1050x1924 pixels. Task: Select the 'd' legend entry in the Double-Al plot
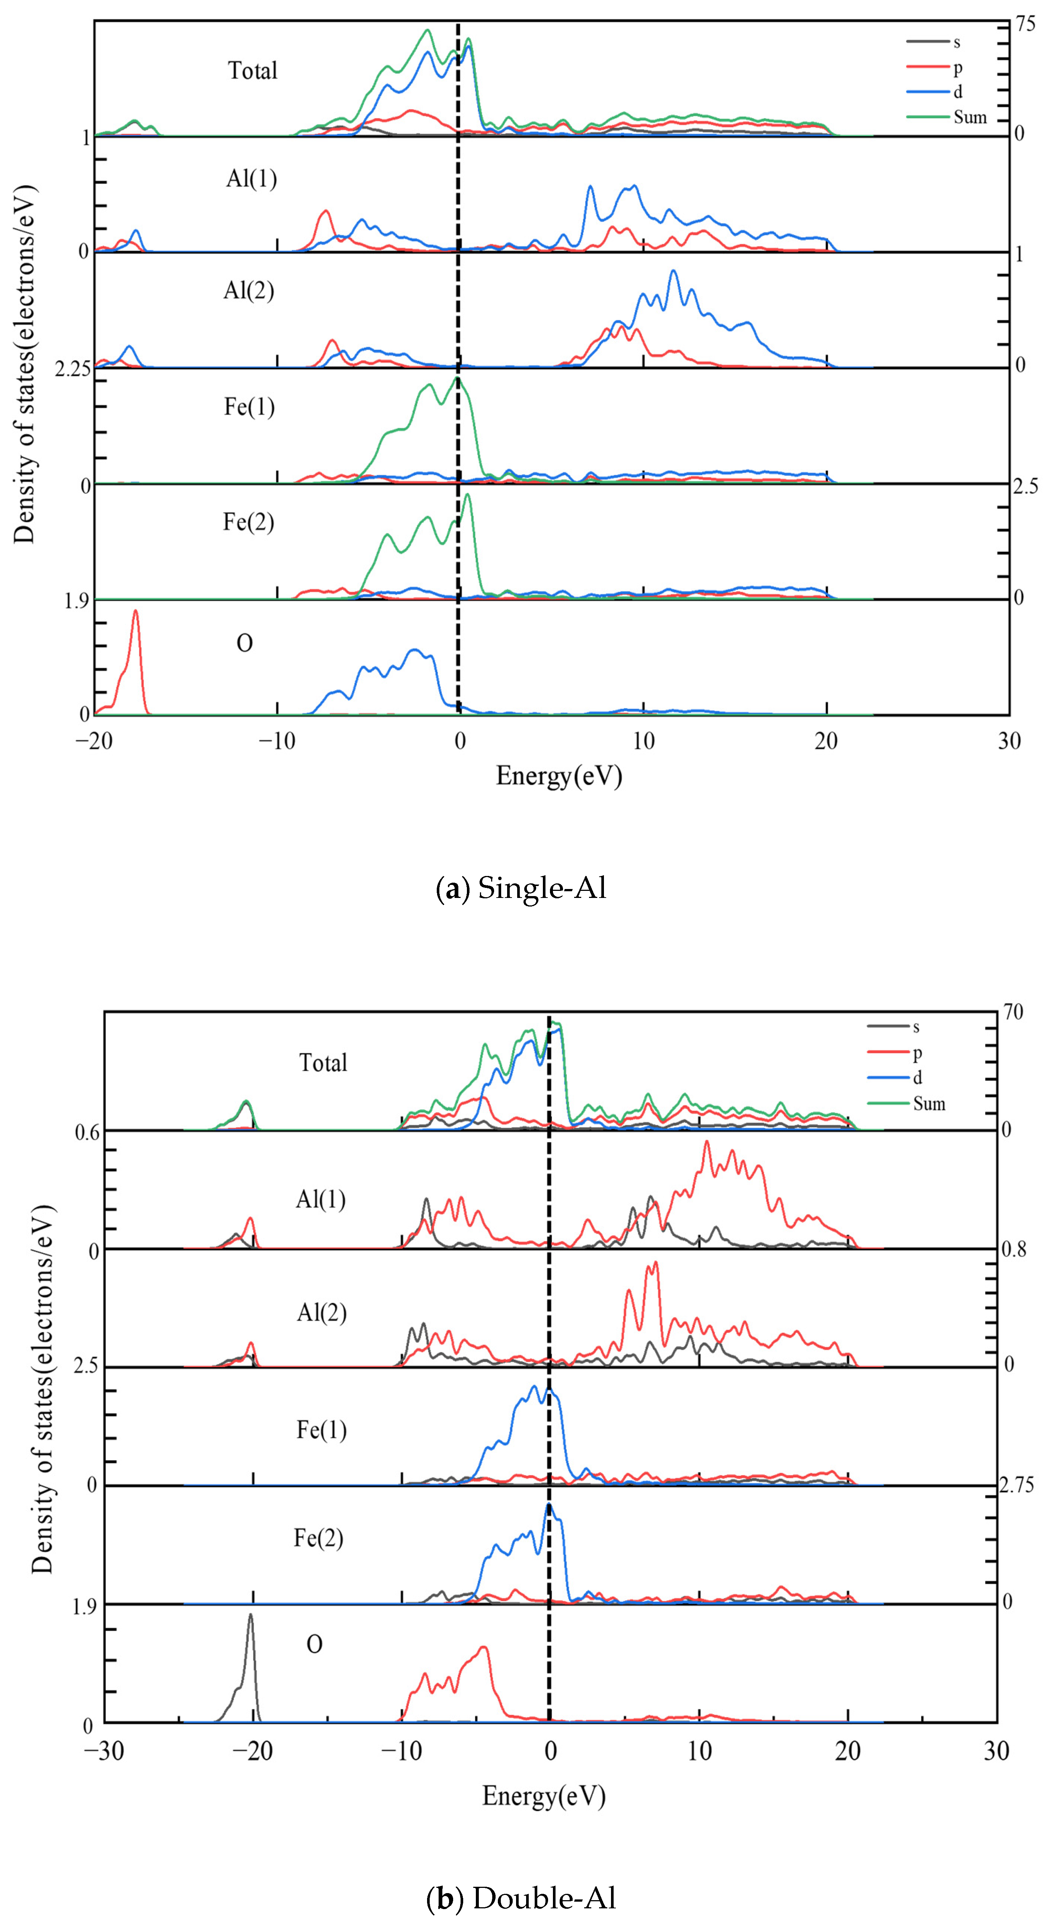point(917,1077)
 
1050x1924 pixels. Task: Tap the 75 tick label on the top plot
point(1025,25)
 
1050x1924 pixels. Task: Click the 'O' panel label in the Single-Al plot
point(244,643)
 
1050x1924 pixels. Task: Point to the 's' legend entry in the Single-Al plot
point(957,42)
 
